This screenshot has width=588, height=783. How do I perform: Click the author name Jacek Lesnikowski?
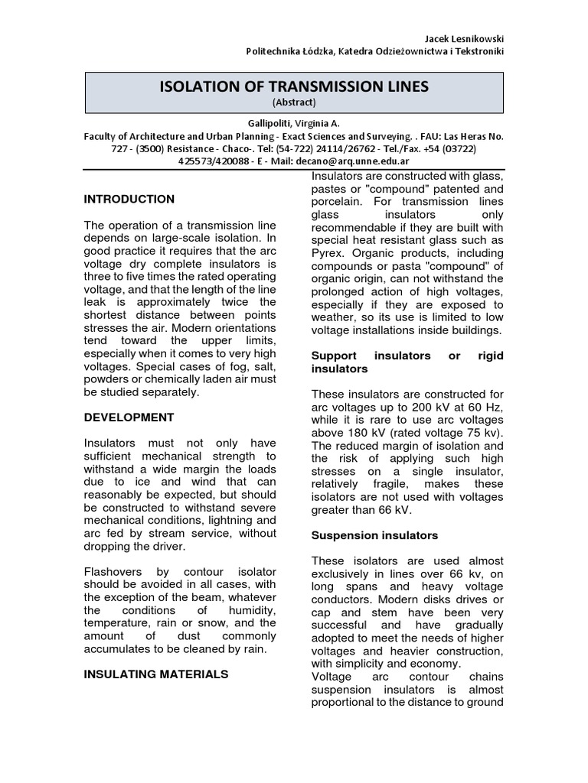pyautogui.click(x=463, y=38)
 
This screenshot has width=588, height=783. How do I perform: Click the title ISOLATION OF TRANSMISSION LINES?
pyautogui.click(x=294, y=87)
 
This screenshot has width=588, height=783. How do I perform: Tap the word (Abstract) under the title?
pyautogui.click(x=294, y=102)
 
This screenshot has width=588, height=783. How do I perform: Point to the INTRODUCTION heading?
pyautogui.click(x=129, y=199)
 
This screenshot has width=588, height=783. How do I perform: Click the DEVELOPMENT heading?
pyautogui.click(x=129, y=417)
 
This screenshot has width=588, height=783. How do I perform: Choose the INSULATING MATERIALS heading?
pyautogui.click(x=156, y=674)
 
